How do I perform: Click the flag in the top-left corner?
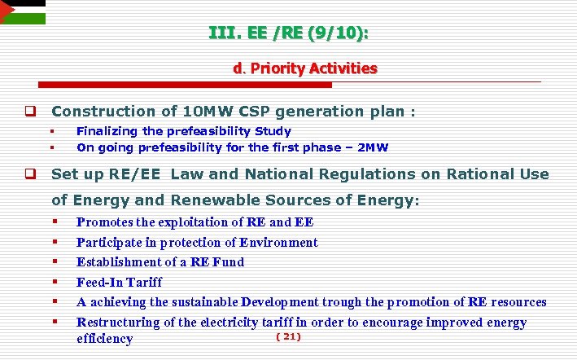(22, 11)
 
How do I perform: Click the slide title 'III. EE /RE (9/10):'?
(288, 33)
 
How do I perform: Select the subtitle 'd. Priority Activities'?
(305, 68)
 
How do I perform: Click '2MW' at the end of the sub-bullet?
(374, 147)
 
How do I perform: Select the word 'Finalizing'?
(107, 131)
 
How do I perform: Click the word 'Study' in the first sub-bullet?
(273, 131)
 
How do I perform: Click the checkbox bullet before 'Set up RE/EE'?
(28, 174)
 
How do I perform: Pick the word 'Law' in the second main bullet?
(187, 174)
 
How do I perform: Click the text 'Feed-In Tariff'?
(120, 283)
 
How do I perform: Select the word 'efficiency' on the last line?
(104, 339)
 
